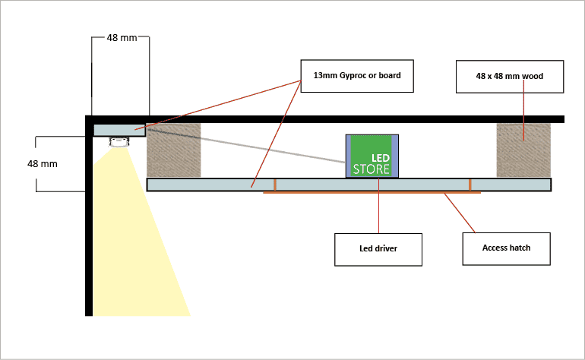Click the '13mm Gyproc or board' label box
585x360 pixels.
coord(358,76)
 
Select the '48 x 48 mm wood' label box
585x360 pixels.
coord(510,76)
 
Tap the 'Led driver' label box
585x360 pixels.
coord(378,249)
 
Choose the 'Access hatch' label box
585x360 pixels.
coord(507,248)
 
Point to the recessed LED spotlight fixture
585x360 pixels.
coord(119,142)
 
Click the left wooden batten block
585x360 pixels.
coord(174,150)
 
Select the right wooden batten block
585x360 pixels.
coord(523,150)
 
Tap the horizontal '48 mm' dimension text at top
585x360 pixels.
coord(122,37)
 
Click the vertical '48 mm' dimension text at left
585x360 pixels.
coord(43,163)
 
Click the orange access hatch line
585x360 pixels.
coord(372,193)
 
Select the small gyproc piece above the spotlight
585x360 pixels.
coord(119,129)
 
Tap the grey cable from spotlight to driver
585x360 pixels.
coord(251,146)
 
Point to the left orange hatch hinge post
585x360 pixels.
coord(276,185)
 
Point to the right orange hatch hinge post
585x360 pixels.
coord(470,185)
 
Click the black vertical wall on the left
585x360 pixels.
coord(89,228)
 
